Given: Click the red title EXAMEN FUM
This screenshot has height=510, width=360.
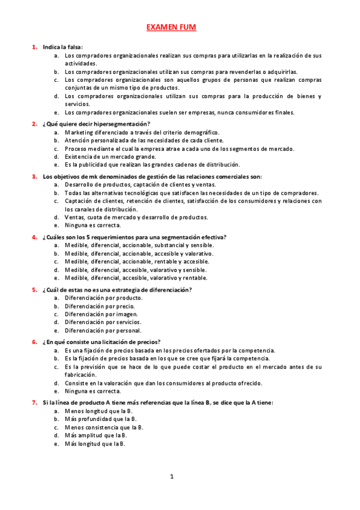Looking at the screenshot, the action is click(171, 27).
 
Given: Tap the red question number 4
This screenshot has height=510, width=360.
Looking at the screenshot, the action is click(35, 237).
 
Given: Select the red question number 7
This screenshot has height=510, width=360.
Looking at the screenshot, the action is click(35, 402).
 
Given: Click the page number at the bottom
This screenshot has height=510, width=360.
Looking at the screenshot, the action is click(171, 477).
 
